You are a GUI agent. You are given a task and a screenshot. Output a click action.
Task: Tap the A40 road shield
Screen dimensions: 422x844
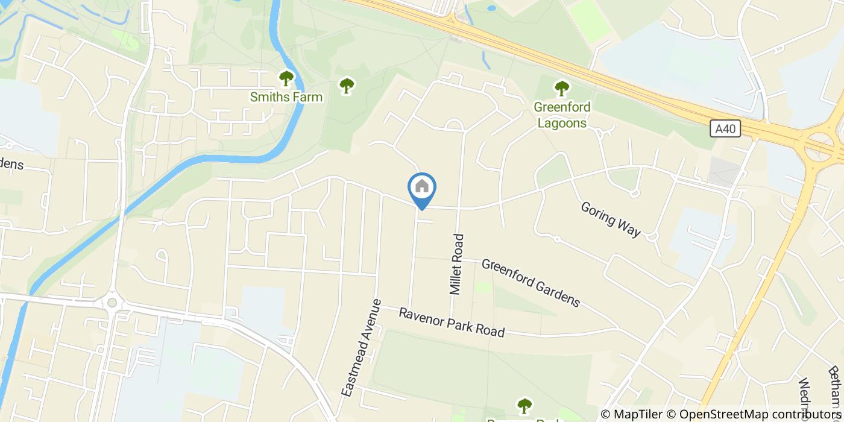coord(725,128)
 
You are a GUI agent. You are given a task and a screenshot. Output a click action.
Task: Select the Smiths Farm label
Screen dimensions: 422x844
coord(286,97)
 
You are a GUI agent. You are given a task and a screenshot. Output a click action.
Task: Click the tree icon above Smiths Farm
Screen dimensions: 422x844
coord(286,78)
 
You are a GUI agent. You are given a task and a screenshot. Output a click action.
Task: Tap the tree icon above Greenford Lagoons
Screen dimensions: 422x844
coord(562,89)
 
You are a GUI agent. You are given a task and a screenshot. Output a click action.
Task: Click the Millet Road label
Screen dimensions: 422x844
coord(458,264)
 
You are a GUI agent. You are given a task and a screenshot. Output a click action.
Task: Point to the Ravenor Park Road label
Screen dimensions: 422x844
coord(451,323)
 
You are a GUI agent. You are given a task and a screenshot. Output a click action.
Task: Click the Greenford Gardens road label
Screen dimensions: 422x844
coord(531,283)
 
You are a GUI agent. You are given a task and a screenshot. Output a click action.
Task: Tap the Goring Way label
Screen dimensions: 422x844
coord(610,219)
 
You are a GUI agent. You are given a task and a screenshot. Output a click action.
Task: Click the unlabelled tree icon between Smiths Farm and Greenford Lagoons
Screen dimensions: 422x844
coord(346,86)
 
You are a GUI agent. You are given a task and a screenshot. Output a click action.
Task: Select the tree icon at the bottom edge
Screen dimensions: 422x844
coord(525,406)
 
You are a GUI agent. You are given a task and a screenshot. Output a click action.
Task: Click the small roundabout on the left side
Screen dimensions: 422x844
coord(112,301)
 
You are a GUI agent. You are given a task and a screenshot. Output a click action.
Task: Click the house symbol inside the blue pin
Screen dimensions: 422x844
coord(422,186)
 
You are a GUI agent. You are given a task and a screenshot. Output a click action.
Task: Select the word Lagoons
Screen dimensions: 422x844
coord(562,122)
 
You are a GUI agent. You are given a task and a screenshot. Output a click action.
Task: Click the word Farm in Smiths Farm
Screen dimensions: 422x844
coord(309,97)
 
